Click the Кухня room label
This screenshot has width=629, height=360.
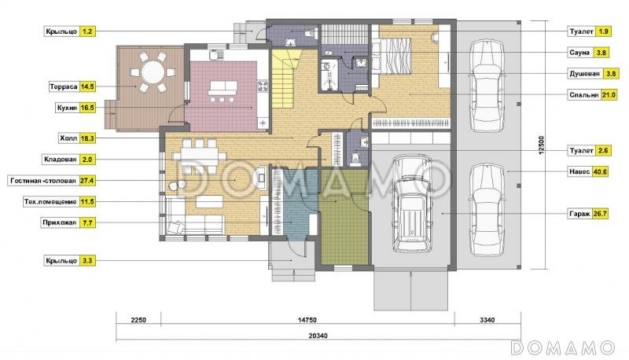(x=67, y=108)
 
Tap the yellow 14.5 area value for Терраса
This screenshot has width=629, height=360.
(x=87, y=86)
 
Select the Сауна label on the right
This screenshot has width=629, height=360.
(x=579, y=53)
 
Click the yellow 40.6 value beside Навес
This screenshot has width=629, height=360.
(x=600, y=171)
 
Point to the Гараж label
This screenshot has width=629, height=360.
(x=579, y=214)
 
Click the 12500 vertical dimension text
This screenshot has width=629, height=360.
(x=541, y=145)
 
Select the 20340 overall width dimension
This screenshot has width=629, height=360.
(x=318, y=336)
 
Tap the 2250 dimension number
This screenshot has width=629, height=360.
(x=138, y=320)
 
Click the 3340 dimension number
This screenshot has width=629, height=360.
(x=487, y=320)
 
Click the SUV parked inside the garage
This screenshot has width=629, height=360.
(x=411, y=204)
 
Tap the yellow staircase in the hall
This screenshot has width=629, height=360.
(x=286, y=79)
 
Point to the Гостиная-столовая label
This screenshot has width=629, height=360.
(x=43, y=181)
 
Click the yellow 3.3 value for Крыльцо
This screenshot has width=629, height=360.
(x=87, y=261)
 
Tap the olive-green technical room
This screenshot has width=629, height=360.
(x=344, y=217)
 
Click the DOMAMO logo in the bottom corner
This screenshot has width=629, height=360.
(x=563, y=347)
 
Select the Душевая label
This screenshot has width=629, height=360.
(x=585, y=74)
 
